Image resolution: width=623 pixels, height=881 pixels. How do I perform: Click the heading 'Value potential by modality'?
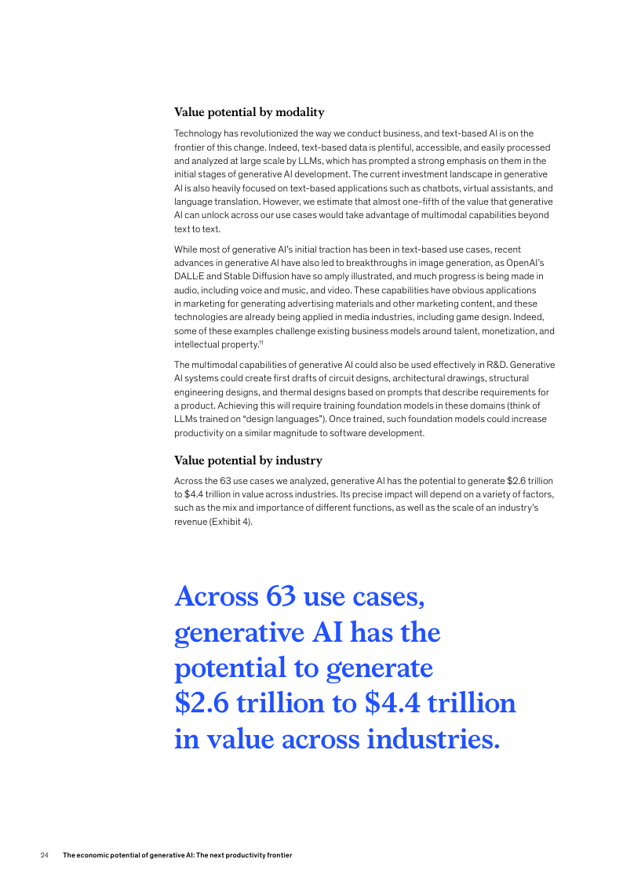249,112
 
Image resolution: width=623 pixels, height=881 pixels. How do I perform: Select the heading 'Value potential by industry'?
248,461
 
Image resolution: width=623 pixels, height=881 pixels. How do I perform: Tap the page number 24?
45,855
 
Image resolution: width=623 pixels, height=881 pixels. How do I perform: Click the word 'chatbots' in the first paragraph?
428,188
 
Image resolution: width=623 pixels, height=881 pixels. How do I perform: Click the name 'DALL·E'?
189,276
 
